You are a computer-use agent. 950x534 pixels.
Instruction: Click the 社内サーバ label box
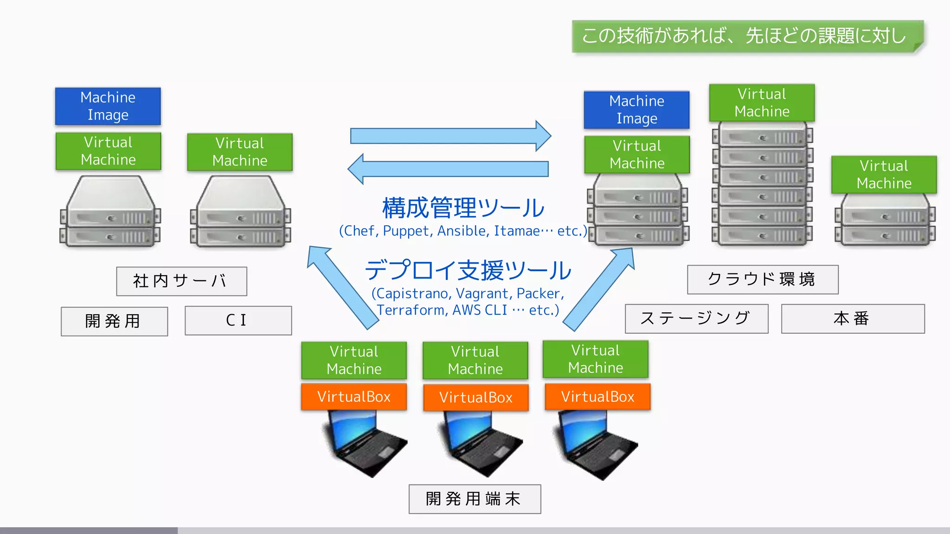181,281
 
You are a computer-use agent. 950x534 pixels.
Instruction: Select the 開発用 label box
114,321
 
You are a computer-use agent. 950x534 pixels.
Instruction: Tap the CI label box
238,320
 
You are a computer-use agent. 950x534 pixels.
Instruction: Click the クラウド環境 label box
762,279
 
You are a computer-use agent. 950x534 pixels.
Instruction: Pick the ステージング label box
696,318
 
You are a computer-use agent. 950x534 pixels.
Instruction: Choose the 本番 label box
852,318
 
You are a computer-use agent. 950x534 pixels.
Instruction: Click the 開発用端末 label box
475,499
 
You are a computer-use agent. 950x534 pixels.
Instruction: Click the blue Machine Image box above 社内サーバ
108,106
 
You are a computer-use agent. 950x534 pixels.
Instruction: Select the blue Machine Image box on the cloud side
636,110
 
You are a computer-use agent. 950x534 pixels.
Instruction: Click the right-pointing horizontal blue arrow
450,136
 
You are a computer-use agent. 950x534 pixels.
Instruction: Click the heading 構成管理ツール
463,208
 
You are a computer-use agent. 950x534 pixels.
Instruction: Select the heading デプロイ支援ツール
468,270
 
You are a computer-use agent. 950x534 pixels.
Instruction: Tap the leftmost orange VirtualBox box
353,397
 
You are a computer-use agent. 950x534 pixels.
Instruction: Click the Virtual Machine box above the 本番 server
884,175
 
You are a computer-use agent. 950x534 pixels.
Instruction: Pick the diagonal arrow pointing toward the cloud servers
598,290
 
